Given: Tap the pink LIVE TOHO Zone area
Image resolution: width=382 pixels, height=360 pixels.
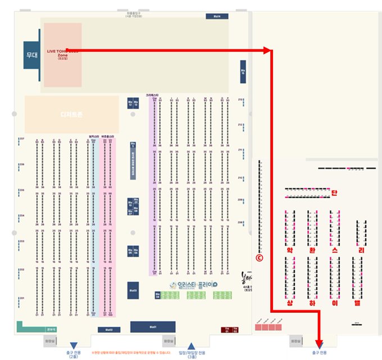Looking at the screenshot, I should click(x=62, y=55).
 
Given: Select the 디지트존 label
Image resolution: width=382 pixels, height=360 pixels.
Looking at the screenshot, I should click(x=71, y=114).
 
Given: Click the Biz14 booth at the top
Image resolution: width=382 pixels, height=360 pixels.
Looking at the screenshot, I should click(x=217, y=16).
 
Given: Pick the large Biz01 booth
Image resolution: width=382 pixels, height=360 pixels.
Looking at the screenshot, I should click(x=153, y=327).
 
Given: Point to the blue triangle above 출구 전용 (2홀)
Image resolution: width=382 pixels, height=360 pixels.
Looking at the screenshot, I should click(x=73, y=346).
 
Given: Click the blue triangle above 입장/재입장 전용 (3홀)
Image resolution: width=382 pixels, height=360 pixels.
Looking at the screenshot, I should click(x=192, y=345).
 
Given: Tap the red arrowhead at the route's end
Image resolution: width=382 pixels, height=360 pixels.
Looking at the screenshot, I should click(x=320, y=343).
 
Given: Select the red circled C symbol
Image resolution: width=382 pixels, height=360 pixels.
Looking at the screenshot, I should click(x=259, y=258).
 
